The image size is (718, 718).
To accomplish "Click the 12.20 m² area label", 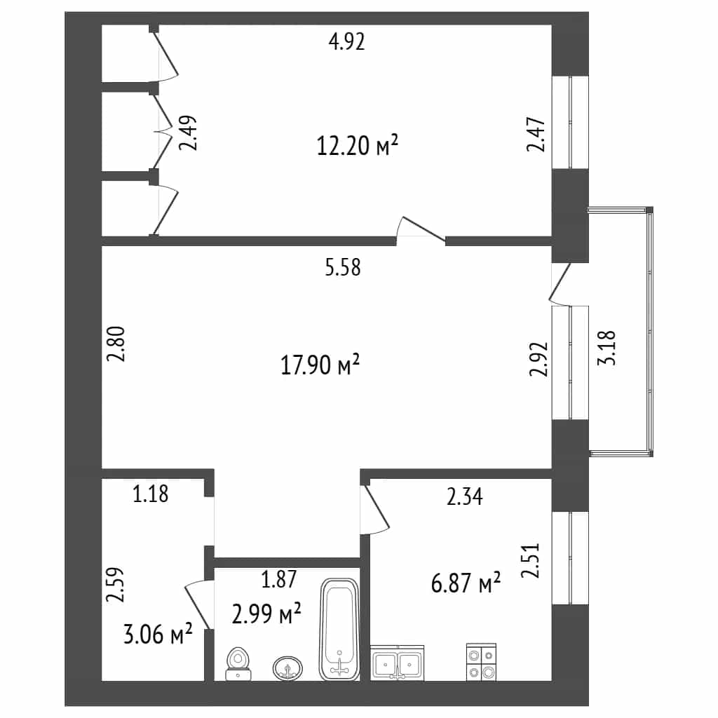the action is click(357, 144).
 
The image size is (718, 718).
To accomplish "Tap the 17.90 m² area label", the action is click(320, 365).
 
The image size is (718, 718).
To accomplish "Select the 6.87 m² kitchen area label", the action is click(466, 583).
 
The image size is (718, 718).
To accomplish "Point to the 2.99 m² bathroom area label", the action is click(266, 614).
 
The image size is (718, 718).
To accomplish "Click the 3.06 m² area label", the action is click(158, 634).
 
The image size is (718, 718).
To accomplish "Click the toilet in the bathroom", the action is click(238, 664).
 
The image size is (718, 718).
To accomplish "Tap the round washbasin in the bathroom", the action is click(287, 669).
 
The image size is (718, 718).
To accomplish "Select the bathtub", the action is click(339, 630).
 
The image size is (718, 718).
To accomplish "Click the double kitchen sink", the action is click(398, 663).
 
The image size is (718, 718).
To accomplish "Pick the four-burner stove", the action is click(481, 662).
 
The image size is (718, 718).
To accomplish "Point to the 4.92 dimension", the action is click(347, 42).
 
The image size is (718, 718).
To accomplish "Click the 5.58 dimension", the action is click(343, 267).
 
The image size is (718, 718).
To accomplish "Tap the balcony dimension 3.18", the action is click(607, 348).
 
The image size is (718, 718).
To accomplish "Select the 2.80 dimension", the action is click(116, 344).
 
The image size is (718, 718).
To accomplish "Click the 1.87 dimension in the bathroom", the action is click(279, 579).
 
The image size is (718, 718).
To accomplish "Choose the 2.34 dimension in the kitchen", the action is click(465, 497).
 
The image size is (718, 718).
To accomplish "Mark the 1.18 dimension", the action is click(151, 494).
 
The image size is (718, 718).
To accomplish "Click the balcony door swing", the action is click(560, 284).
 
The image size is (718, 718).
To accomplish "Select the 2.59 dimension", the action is click(115, 584).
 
